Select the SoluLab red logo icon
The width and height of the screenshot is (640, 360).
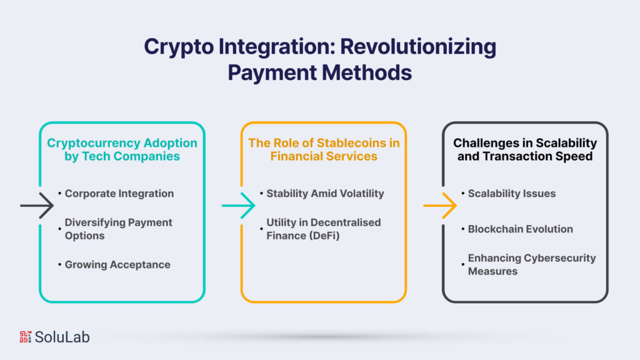point(26,337)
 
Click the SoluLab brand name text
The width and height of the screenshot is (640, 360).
point(62,337)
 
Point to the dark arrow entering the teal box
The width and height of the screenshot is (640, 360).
point(37,205)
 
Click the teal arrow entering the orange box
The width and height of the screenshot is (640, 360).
point(238,205)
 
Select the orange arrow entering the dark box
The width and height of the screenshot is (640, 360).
point(440,205)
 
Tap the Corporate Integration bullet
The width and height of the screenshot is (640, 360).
point(119,193)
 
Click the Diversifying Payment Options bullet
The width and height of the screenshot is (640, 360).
point(119,229)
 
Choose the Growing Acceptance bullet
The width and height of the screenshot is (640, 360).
point(117,264)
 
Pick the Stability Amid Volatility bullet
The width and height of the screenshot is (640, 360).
point(325,193)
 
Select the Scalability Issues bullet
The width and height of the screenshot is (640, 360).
point(511,193)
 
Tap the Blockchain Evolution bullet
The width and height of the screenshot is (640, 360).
point(520,229)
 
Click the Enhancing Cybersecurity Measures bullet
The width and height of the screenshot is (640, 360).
point(531,264)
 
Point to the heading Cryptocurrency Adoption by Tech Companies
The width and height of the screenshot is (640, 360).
point(122,149)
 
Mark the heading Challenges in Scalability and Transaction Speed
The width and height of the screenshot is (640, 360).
point(525,149)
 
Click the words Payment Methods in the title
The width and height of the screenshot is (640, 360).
point(319,72)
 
